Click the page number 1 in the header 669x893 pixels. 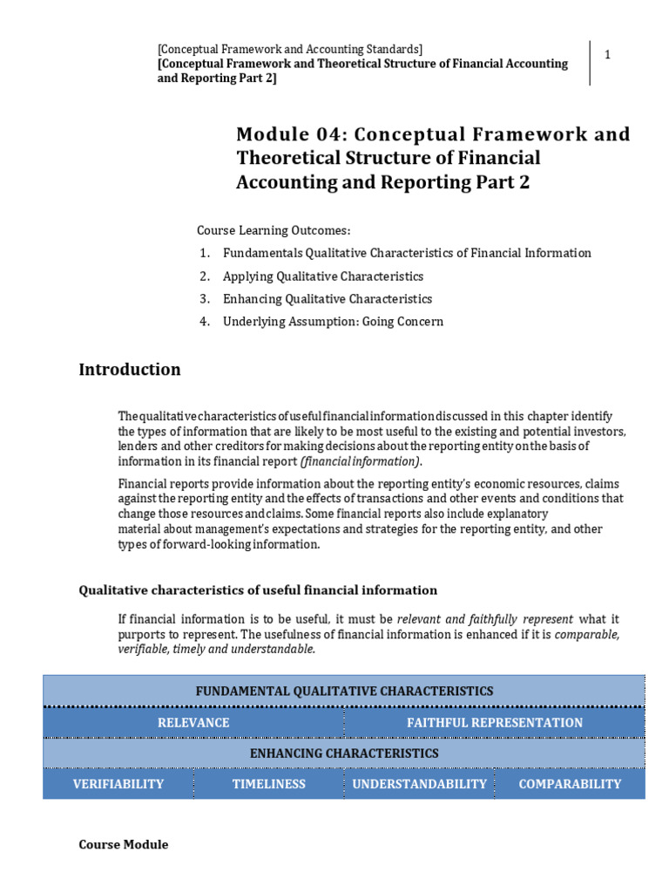click(608, 55)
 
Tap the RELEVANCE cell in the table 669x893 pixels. click(193, 722)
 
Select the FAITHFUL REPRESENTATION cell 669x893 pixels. click(495, 722)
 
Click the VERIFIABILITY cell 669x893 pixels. click(118, 784)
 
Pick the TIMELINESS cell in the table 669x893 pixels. click(269, 784)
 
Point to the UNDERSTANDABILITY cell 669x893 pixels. click(419, 784)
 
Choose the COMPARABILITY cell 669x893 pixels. click(570, 784)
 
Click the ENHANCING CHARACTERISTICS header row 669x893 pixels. click(344, 753)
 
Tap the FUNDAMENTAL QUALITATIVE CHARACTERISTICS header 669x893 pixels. click(344, 691)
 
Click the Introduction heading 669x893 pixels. click(130, 369)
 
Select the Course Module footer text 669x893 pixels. click(124, 844)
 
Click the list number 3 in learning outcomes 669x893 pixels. click(204, 299)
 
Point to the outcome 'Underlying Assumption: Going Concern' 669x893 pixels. click(333, 322)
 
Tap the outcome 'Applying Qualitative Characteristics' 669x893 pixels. click(323, 276)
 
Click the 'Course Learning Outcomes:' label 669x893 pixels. click(274, 230)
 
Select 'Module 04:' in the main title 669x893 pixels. click(284, 135)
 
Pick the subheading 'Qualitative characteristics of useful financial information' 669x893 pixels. click(258, 590)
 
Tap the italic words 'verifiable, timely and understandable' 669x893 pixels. click(217, 650)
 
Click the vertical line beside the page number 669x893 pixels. click(591, 63)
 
